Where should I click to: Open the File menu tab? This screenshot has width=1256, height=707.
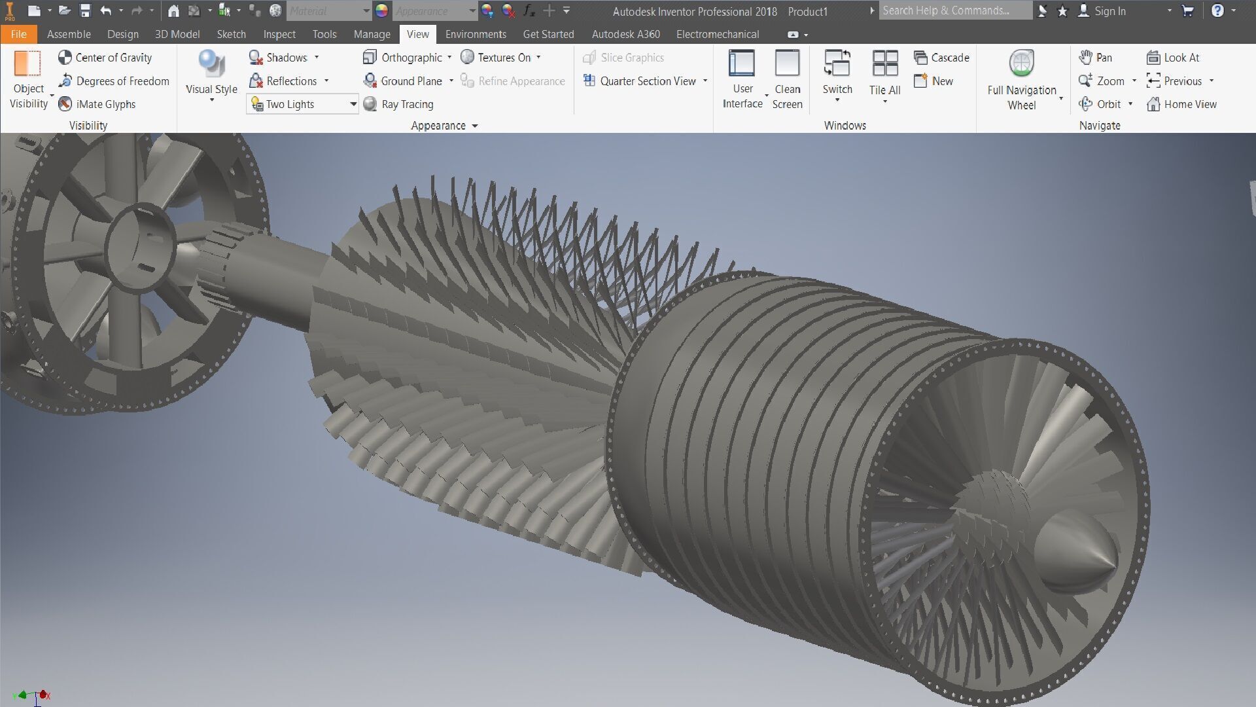pyautogui.click(x=18, y=34)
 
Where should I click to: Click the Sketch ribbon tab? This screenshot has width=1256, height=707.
pyautogui.click(x=231, y=34)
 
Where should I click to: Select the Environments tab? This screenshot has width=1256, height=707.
pyautogui.click(x=476, y=34)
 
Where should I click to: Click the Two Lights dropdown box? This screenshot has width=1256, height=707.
pyautogui.click(x=302, y=104)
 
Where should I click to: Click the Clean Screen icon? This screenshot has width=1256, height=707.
pyautogui.click(x=787, y=79)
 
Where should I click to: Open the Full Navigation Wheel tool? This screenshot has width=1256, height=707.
pyautogui.click(x=1021, y=79)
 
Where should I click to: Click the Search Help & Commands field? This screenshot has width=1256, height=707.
pyautogui.click(x=954, y=10)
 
